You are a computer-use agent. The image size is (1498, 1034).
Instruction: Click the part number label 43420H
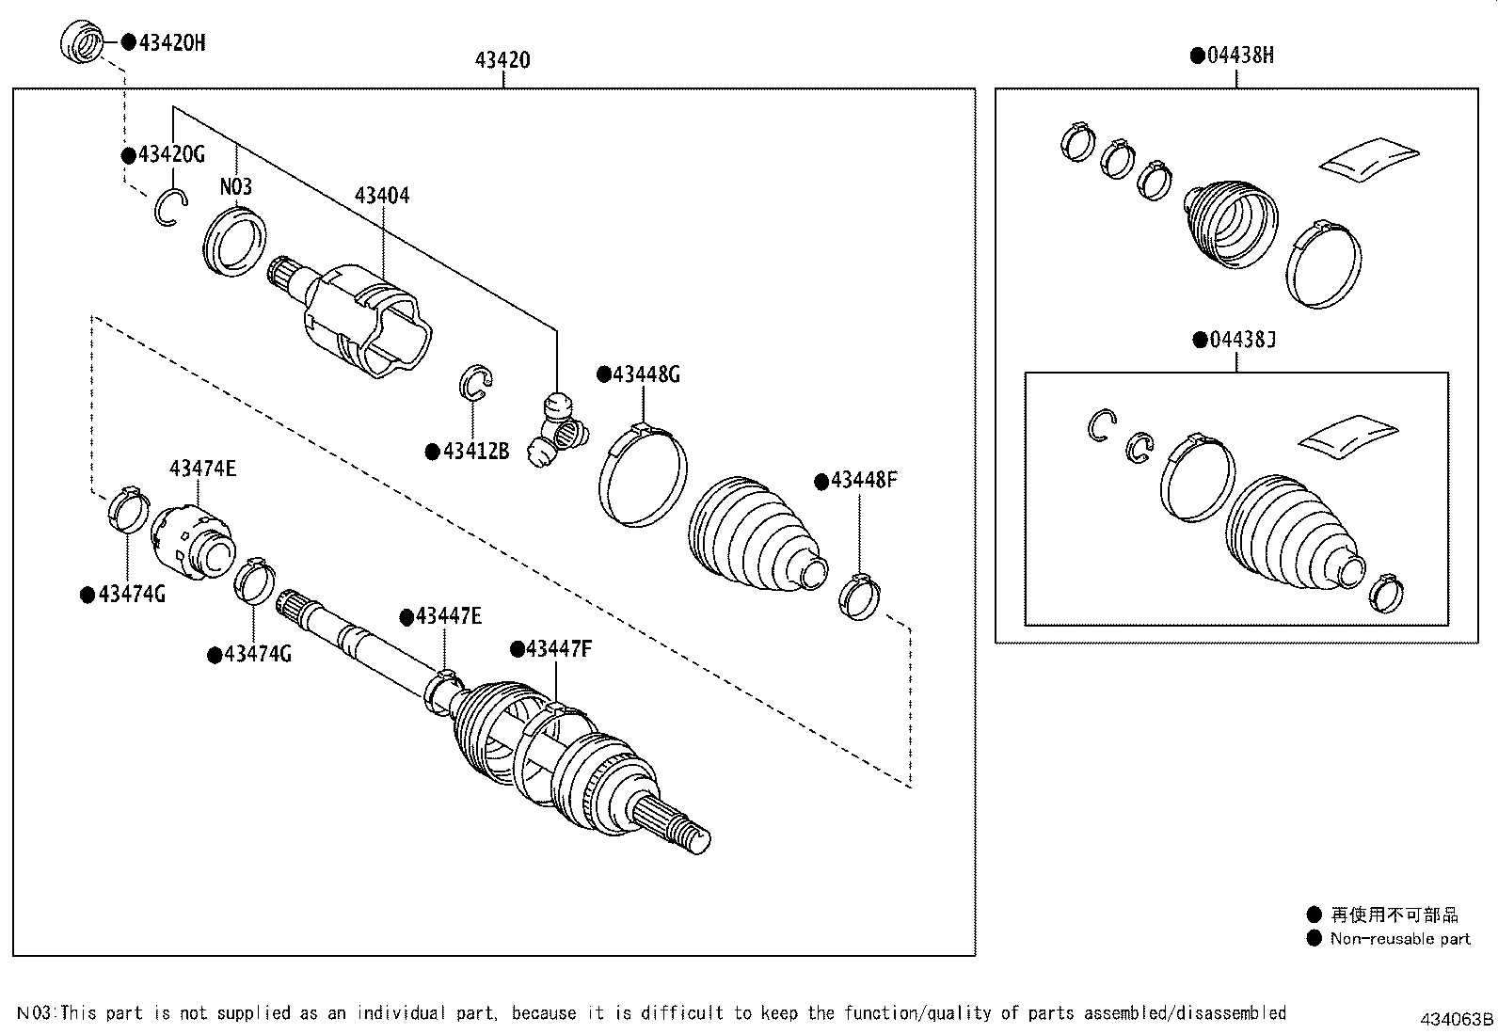click(x=171, y=41)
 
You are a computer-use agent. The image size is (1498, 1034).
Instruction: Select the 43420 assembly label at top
click(x=502, y=60)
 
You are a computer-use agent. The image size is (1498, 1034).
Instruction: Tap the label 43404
click(x=382, y=196)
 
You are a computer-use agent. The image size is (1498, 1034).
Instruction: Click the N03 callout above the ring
click(x=236, y=186)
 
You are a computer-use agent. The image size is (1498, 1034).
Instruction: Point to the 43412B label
click(x=475, y=452)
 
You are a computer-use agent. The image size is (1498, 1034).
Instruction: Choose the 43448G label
click(x=645, y=374)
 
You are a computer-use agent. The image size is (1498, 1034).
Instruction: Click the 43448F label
click(x=863, y=481)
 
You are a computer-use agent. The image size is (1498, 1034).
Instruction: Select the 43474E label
click(x=202, y=468)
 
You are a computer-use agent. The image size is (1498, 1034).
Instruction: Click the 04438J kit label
click(x=1242, y=340)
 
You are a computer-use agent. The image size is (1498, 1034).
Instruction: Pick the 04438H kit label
click(x=1240, y=56)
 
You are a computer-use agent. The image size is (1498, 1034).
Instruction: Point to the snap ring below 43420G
click(x=170, y=208)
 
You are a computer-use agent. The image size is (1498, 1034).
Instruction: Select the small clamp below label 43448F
click(x=859, y=597)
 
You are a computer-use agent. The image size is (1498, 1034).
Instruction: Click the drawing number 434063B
click(x=1457, y=1019)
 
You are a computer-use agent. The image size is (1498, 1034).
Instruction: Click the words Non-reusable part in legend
click(x=1399, y=938)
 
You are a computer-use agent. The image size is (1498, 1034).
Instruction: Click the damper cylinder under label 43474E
click(x=192, y=543)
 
